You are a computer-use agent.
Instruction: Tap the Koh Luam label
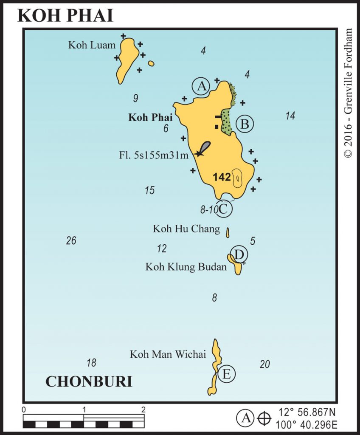pos(92,45)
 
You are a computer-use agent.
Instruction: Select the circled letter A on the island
pos(201,86)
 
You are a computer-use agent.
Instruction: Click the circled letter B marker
pos(245,124)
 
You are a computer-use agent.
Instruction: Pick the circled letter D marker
pos(239,254)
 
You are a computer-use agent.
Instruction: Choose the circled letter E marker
pos(226,374)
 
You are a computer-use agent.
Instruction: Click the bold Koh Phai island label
pos(150,117)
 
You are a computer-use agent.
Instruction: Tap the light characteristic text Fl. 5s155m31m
pos(153,155)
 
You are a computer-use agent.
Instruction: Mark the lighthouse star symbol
pos(199,153)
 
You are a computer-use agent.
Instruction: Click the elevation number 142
pos(222,177)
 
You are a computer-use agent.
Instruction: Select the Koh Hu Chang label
pos(186,229)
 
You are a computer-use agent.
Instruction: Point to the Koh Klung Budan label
pos(186,267)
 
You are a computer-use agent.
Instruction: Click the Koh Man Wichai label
pos(168,354)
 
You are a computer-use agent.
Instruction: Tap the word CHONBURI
pos(89,381)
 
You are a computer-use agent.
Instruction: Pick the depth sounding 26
pos(71,240)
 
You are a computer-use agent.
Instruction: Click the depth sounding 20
pos(264,364)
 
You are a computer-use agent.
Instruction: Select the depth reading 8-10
pos(208,209)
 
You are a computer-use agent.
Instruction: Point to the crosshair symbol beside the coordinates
pos(264,418)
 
